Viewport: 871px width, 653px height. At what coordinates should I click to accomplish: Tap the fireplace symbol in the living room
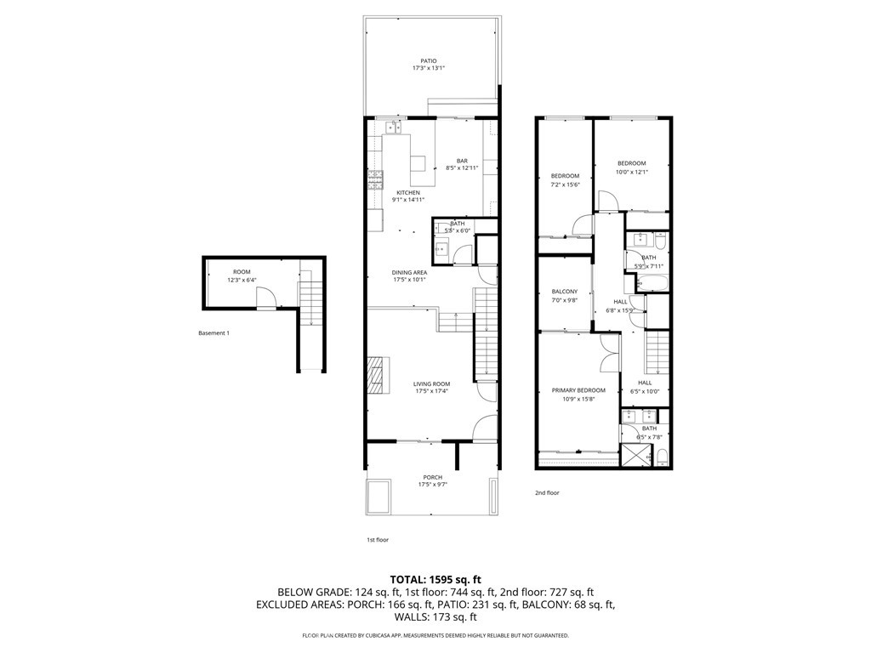376,373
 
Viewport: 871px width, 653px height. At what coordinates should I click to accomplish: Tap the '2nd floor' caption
547,492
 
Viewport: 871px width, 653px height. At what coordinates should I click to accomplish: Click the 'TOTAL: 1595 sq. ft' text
435,579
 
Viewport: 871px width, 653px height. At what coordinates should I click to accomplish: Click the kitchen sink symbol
393,128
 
